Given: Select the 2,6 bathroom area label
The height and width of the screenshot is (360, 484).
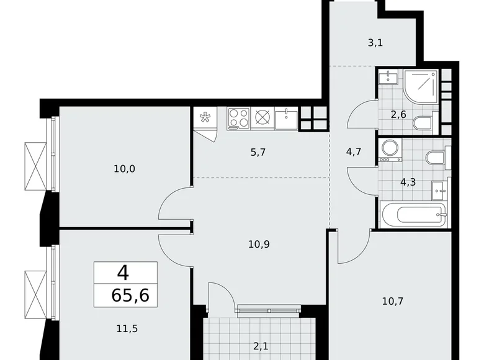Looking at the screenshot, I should [x=398, y=114].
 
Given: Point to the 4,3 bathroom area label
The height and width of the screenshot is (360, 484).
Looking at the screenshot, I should [x=408, y=182].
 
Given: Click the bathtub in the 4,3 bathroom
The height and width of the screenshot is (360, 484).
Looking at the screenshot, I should [x=413, y=215].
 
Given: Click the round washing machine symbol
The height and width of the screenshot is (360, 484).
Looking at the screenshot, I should [x=390, y=148].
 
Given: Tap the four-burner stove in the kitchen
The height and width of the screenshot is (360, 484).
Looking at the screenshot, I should [x=238, y=117].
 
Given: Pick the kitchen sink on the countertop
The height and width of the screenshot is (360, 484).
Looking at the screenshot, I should [x=286, y=118].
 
